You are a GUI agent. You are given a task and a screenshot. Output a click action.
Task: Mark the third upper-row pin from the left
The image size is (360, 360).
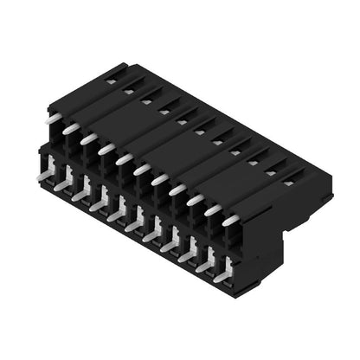[x=88, y=138]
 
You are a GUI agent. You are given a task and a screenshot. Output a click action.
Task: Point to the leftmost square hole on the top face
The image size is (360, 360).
[x=110, y=80]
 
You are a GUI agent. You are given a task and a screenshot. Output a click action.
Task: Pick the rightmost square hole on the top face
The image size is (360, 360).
[x=288, y=183]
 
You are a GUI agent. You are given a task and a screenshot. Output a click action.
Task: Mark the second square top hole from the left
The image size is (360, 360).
[x=128, y=91]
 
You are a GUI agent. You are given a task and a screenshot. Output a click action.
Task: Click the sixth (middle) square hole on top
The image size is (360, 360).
[x=199, y=132]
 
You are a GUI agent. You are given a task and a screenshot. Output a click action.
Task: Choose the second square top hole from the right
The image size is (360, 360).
[x=270, y=172]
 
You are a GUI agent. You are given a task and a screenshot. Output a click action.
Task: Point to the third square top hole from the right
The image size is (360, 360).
[x=253, y=162]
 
